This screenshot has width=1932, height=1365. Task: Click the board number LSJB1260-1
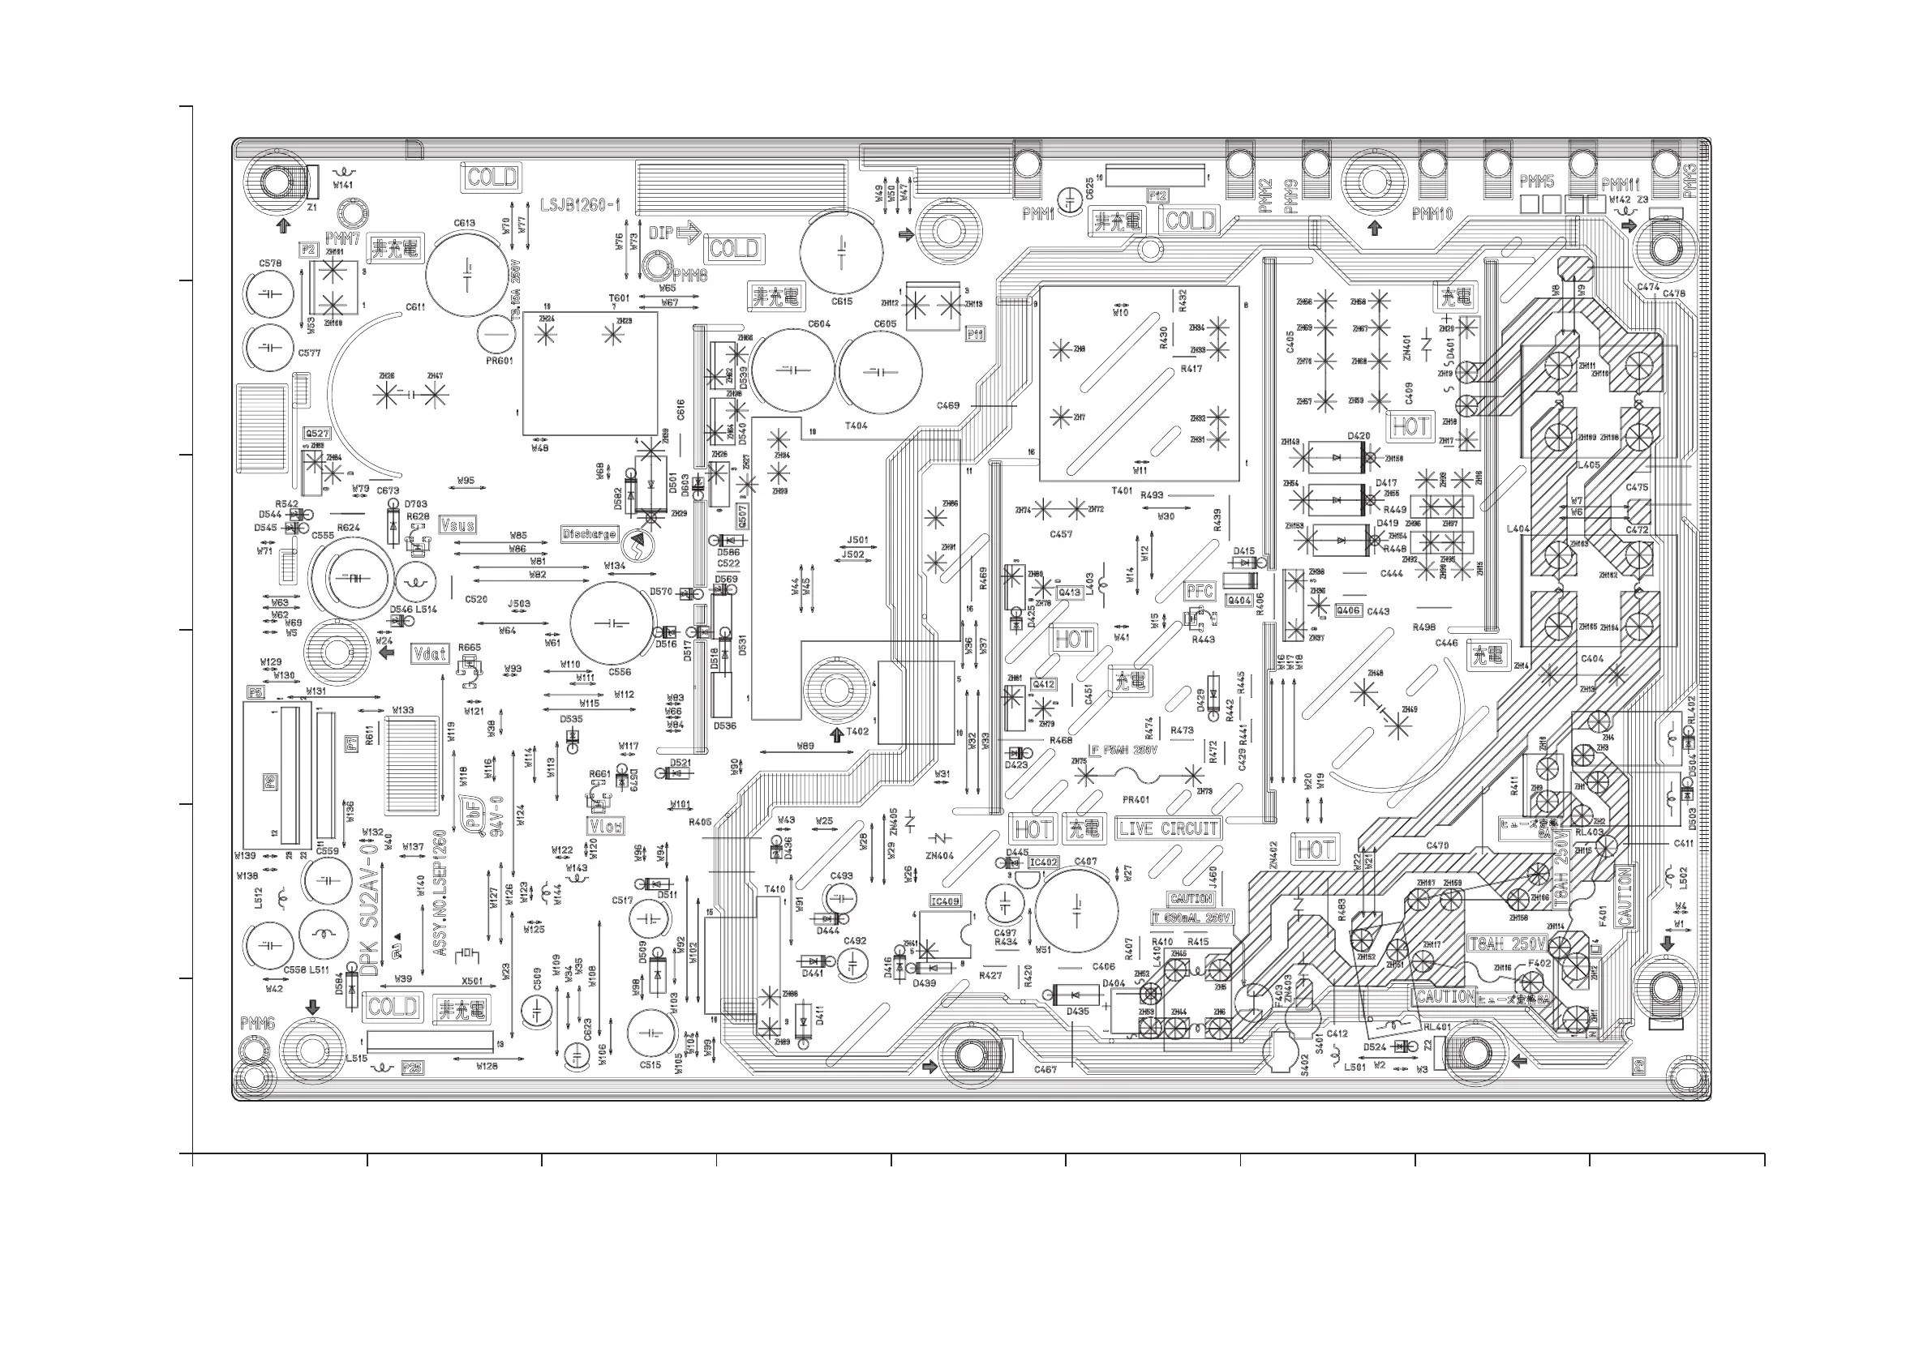pos(581,205)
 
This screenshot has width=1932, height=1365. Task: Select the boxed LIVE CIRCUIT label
pos(1167,828)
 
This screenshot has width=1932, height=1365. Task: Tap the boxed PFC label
pos(1199,591)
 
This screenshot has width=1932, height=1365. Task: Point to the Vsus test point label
pos(457,524)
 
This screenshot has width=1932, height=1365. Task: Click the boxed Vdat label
pos(430,653)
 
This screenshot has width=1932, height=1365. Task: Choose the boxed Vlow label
pos(606,827)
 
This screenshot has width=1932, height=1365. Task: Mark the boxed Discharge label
pos(589,534)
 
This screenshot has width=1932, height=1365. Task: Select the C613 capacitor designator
pos(465,223)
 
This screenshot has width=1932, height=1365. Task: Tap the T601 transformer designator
pos(620,297)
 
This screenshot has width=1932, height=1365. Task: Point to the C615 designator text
pos(841,301)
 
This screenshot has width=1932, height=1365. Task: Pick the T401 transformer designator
pos(1122,490)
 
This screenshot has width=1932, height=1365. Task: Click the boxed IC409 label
pos(945,901)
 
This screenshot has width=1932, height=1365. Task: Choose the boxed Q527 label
pos(316,434)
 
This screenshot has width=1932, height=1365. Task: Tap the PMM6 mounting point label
pos(257,1024)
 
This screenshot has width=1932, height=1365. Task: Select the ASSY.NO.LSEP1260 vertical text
pos(439,892)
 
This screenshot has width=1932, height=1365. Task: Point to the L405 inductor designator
pos(1589,465)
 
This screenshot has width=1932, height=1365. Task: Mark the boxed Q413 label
pos(1070,592)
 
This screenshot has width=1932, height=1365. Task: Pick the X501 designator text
pos(472,981)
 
